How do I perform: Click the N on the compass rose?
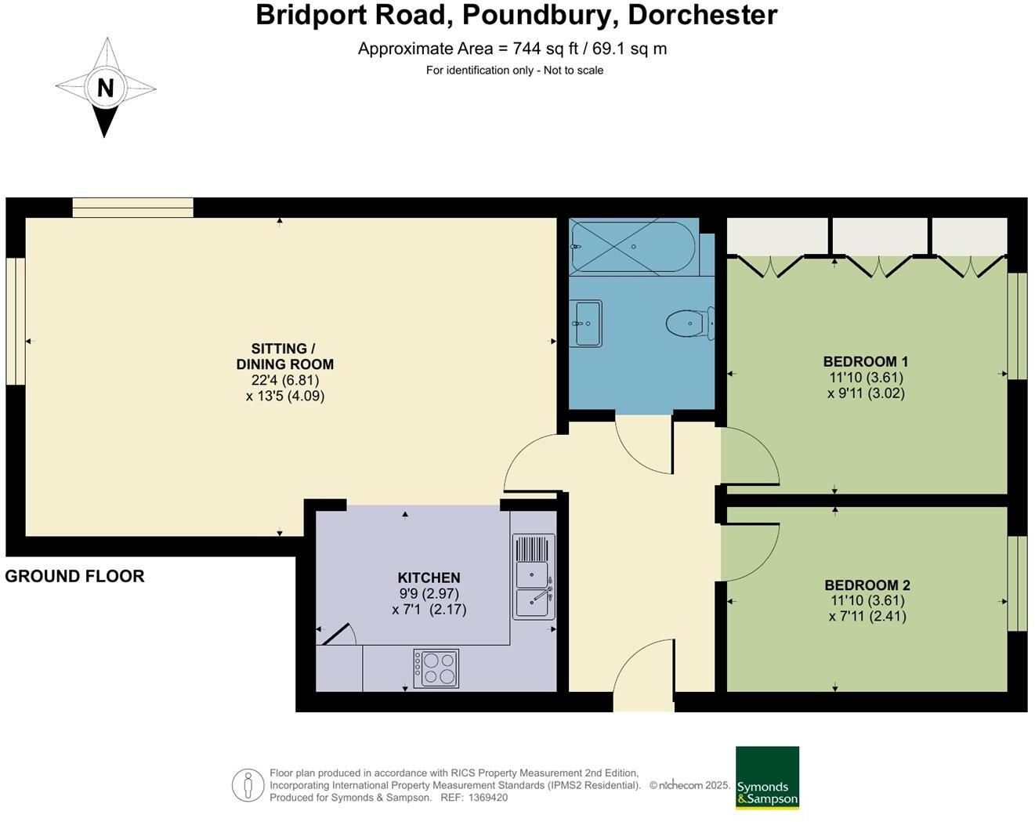[105, 88]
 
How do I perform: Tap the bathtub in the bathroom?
[632, 246]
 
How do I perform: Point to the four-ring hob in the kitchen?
[436, 668]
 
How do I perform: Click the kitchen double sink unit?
[534, 577]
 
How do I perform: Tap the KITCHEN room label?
[429, 578]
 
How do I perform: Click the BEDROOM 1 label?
[865, 361]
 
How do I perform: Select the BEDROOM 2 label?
[867, 585]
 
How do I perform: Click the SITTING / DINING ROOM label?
[284, 357]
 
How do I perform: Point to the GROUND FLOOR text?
[74, 576]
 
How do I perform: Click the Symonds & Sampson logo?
[767, 777]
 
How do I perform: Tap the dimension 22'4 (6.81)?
[284, 380]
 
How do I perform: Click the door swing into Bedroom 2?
[748, 553]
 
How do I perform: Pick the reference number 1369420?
[487, 798]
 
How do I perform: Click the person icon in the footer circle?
[248, 784]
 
